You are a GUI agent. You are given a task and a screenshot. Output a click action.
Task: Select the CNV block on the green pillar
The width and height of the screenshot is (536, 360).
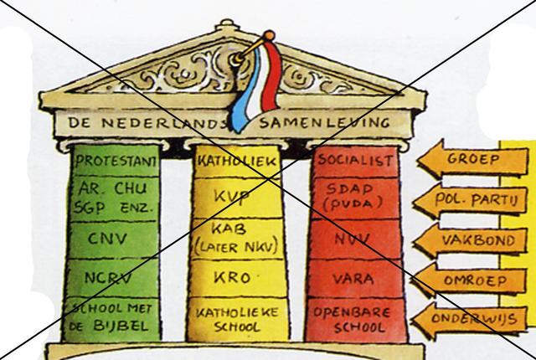point(108,239)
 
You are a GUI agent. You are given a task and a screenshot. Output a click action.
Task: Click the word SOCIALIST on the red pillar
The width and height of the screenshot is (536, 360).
point(355,159)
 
